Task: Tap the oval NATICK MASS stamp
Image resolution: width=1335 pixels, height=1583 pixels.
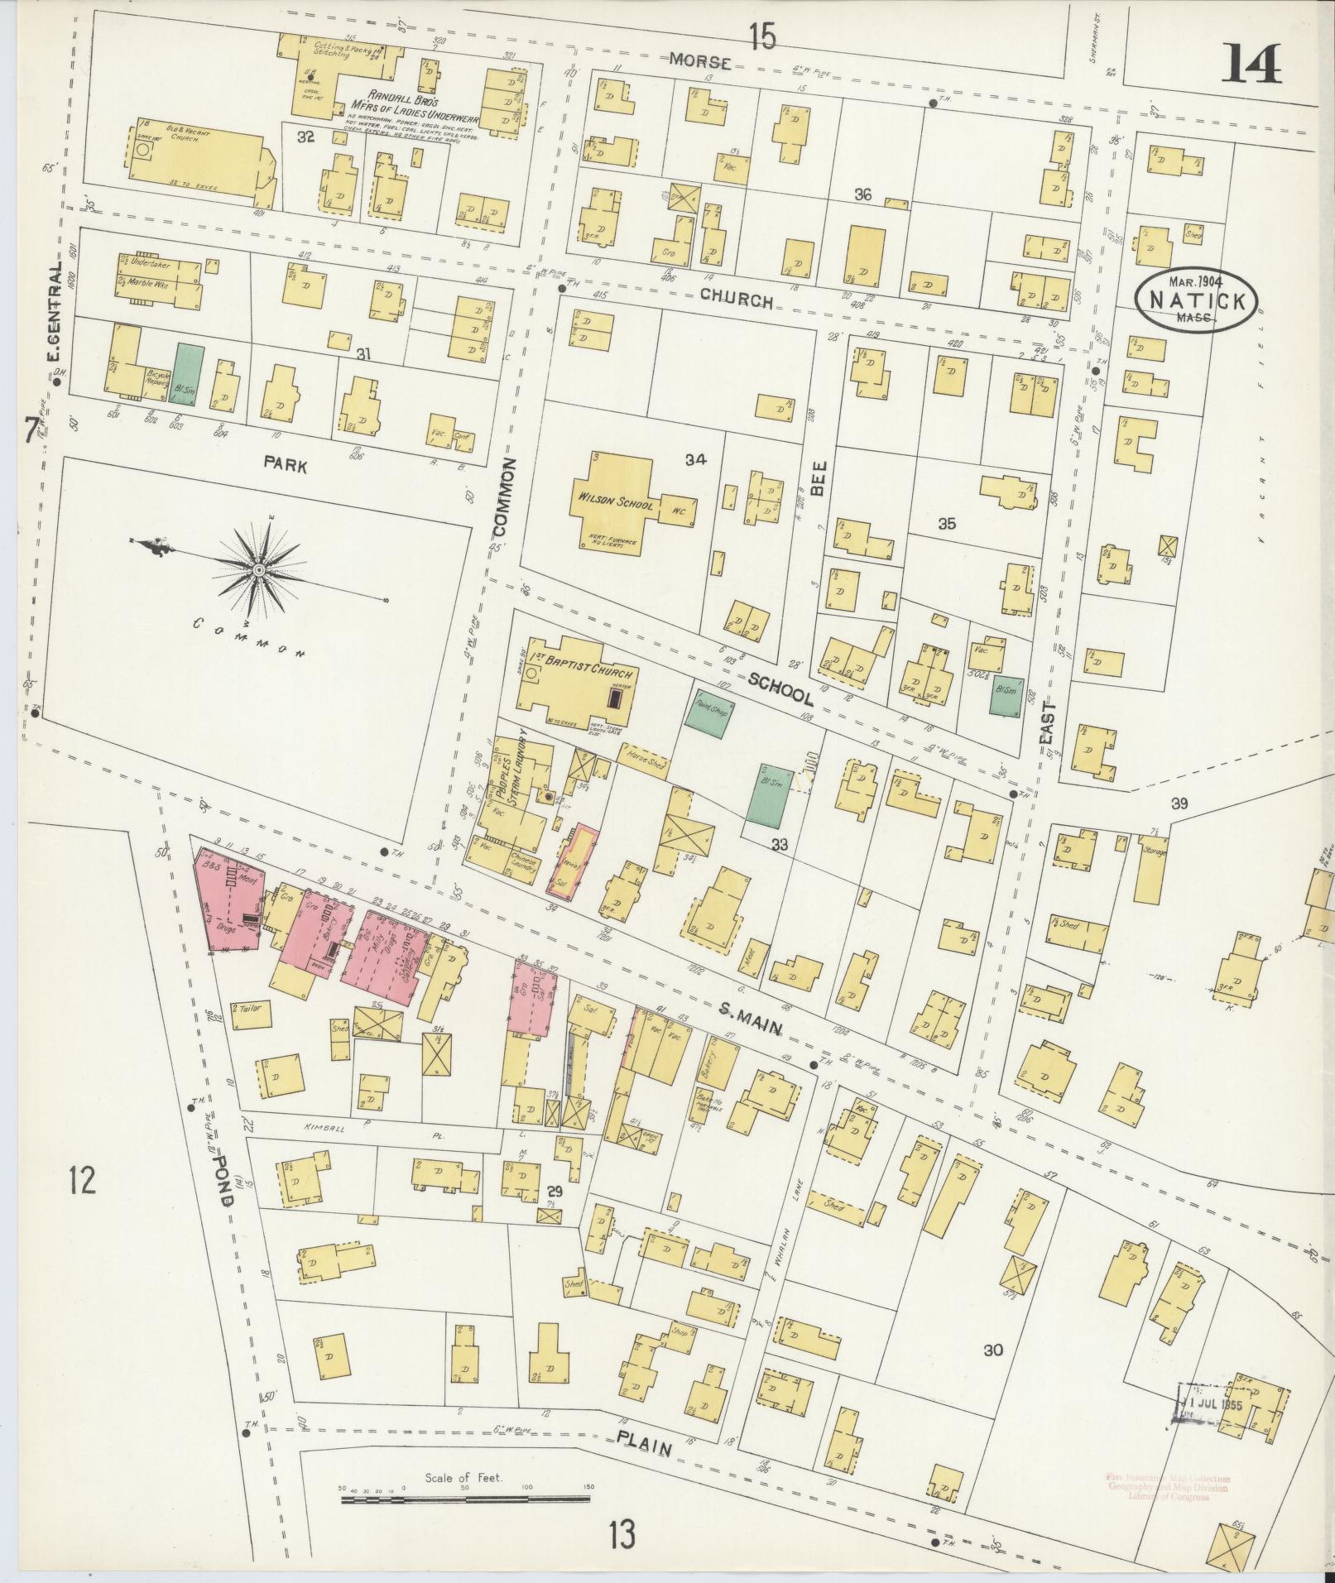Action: [1197, 301]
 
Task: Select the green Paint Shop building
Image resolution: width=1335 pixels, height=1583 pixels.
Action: [708, 712]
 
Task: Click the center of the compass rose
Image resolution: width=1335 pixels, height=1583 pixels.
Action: [259, 570]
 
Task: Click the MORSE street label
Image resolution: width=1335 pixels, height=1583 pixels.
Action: [700, 61]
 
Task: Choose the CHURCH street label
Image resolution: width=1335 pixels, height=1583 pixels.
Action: [736, 301]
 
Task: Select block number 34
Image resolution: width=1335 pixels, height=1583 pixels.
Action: [695, 460]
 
